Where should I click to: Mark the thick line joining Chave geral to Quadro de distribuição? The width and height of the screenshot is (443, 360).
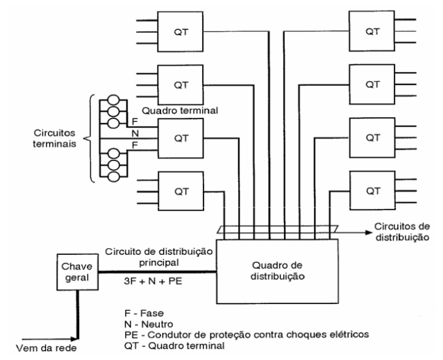click(156, 271)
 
